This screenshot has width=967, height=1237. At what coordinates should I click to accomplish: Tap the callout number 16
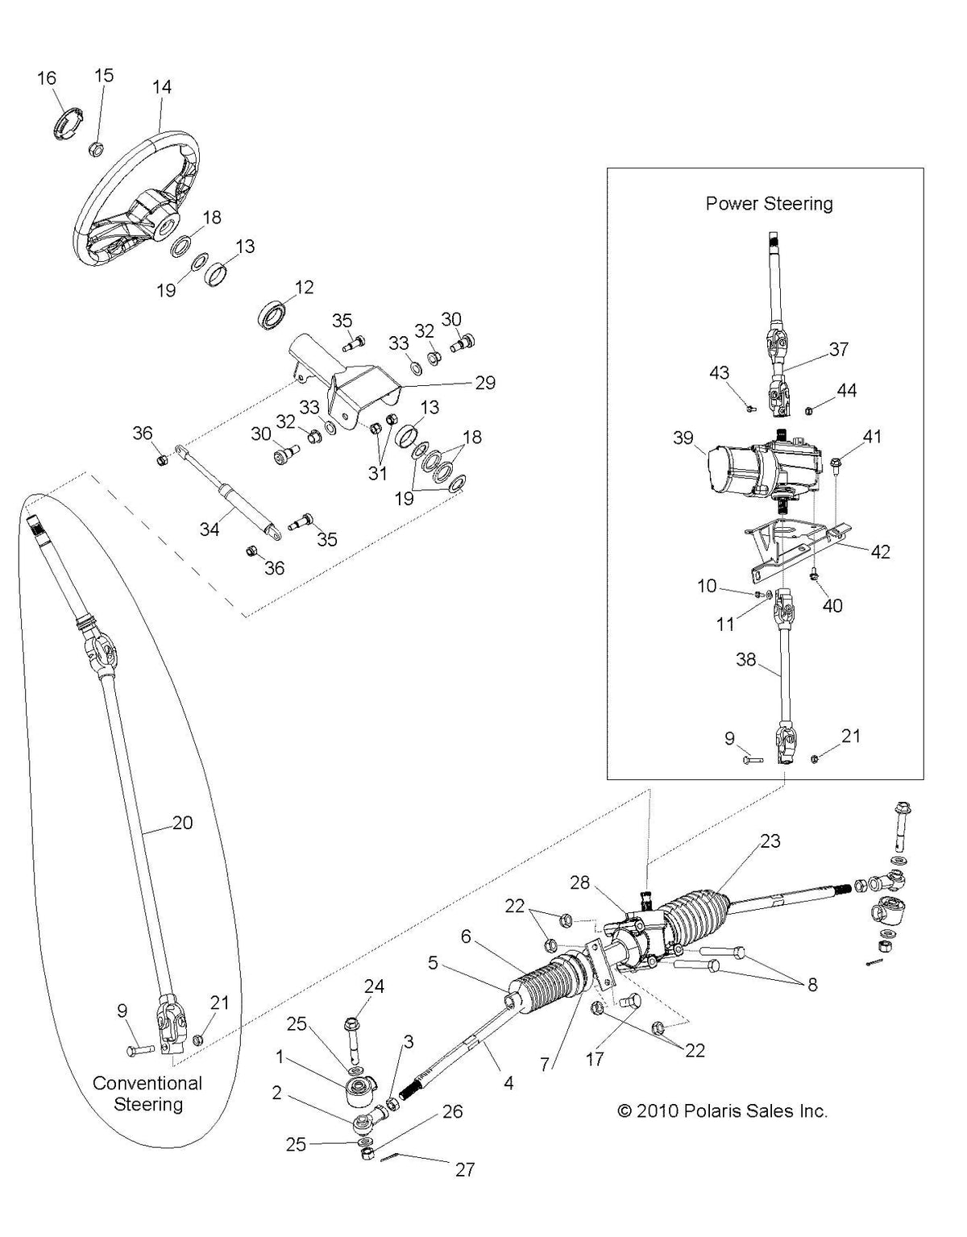[x=47, y=77]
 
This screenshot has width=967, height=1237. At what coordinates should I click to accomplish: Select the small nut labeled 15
[x=95, y=147]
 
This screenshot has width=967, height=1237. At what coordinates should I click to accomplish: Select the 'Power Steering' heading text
[x=769, y=203]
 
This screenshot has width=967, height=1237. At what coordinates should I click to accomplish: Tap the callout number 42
[x=880, y=552]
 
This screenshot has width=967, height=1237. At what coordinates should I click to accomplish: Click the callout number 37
[x=839, y=349]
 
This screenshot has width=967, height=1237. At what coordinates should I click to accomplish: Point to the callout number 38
[x=746, y=659]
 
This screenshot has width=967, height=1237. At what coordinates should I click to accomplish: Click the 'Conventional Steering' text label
[x=147, y=1093]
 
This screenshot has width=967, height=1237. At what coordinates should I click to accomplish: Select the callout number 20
[x=183, y=823]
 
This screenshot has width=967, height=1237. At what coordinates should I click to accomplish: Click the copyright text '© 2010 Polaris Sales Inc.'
[x=722, y=1110]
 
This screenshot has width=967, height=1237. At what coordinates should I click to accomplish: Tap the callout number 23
[x=770, y=841]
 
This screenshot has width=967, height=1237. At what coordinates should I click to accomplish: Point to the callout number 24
[x=374, y=986]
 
